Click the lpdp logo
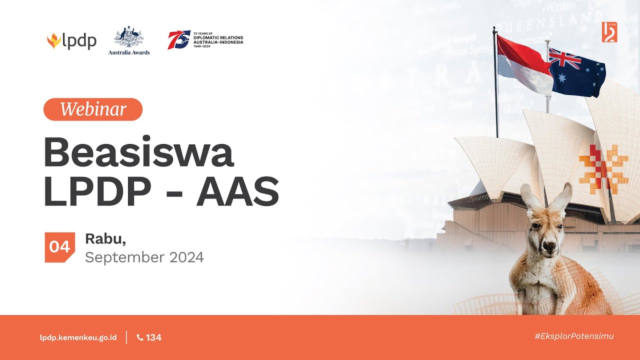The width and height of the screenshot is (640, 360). (71, 41)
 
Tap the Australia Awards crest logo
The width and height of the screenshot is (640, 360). (129, 40)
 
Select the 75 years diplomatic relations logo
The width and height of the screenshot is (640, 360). (205, 39)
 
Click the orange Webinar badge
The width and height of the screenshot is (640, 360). (93, 109)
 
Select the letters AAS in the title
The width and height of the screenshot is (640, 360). (237, 191)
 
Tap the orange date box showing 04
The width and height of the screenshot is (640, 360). (59, 247)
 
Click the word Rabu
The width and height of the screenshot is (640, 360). (105, 239)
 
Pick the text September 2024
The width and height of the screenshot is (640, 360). (144, 257)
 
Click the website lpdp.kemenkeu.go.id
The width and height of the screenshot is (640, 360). (78, 337)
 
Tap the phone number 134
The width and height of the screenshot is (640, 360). (149, 337)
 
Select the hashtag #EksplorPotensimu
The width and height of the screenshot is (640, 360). (574, 336)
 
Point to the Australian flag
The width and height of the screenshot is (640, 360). (578, 72)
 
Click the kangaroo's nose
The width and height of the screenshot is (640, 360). (549, 246)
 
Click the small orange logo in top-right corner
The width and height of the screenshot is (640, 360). (609, 32)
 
